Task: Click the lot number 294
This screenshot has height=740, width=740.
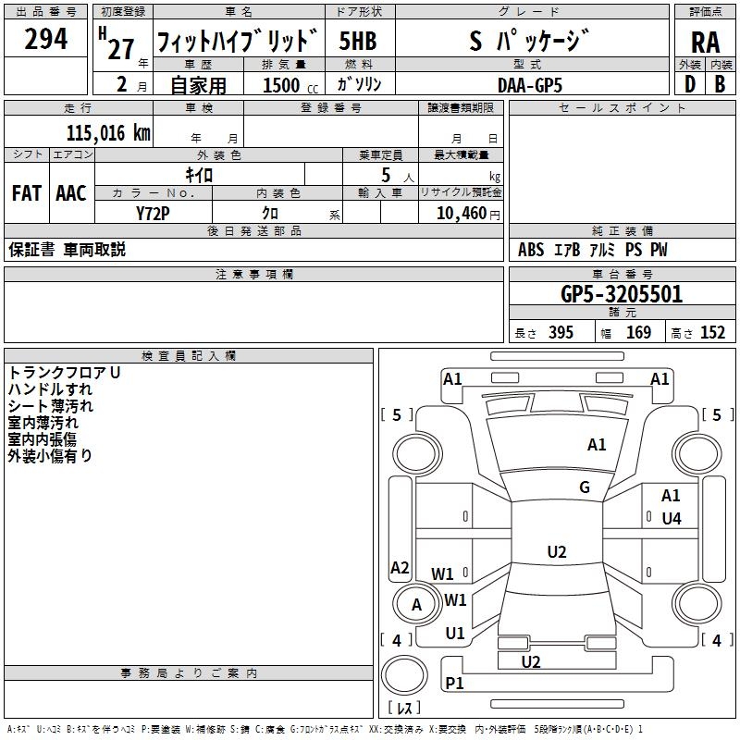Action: click(45, 39)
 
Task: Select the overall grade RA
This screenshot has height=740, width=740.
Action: click(706, 43)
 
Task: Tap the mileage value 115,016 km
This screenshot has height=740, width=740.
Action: click(108, 133)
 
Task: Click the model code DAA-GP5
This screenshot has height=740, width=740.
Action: click(530, 85)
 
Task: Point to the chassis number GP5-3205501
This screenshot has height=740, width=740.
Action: click(622, 294)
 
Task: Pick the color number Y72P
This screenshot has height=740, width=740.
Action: click(153, 214)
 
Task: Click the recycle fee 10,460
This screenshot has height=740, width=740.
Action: click(462, 214)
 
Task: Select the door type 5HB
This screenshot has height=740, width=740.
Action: click(358, 41)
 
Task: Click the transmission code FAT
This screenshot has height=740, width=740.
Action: click(27, 193)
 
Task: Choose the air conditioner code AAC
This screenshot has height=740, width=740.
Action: click(71, 193)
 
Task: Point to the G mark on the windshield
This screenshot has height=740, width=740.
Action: click(585, 487)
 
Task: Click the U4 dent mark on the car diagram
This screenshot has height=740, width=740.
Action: click(672, 519)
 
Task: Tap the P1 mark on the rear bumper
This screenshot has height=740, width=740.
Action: click(454, 683)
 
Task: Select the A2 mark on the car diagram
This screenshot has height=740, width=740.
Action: click(400, 567)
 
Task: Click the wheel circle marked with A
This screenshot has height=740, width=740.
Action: click(417, 605)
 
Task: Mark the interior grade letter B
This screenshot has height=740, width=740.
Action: click(721, 84)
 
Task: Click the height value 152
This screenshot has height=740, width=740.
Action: click(712, 333)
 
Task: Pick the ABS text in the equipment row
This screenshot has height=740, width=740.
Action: click(531, 250)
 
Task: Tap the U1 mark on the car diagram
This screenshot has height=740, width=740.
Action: click(455, 634)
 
